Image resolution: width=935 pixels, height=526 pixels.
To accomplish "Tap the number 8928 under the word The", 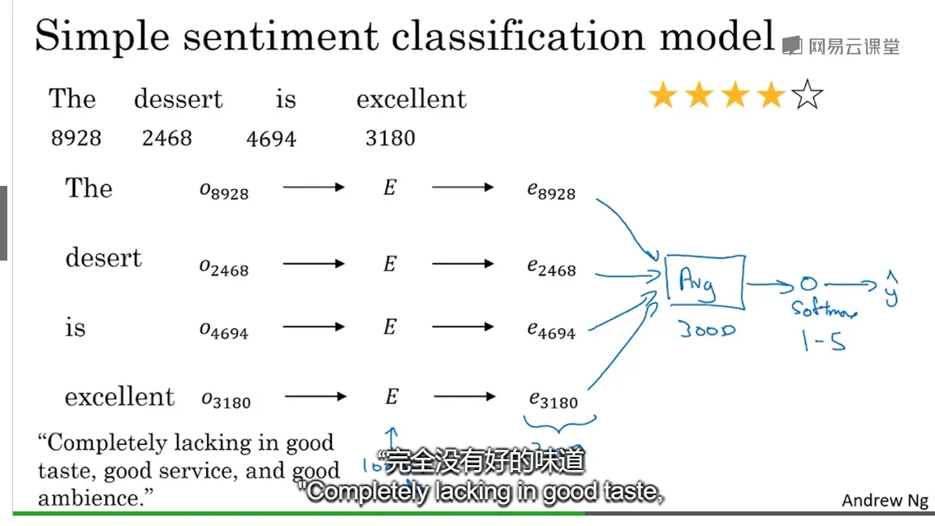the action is pyautogui.click(x=76, y=138).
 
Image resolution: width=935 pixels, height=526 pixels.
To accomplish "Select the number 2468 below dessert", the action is pyautogui.click(x=167, y=138).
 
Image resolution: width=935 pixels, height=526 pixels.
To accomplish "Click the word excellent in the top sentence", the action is pyautogui.click(x=411, y=100).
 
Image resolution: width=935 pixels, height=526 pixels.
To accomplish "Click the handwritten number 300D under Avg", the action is pyautogui.click(x=706, y=330).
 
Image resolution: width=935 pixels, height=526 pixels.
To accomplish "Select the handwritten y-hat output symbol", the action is pyautogui.click(x=891, y=289).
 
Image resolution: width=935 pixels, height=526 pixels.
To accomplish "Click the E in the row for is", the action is pyautogui.click(x=390, y=327).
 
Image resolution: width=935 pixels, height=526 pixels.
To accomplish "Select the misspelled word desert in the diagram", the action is pyautogui.click(x=103, y=258).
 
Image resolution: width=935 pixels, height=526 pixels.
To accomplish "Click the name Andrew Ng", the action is pyautogui.click(x=885, y=500).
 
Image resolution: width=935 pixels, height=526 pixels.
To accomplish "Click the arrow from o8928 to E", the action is pyautogui.click(x=313, y=188).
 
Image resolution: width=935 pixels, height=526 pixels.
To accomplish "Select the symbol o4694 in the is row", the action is pyautogui.click(x=224, y=330).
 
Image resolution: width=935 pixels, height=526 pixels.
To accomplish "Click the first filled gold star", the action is pyautogui.click(x=663, y=97).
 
